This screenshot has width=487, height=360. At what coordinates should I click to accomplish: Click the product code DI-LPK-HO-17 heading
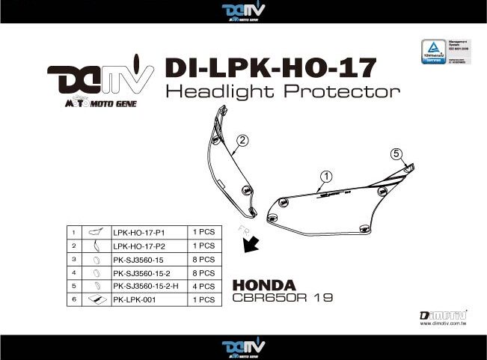click(x=269, y=68)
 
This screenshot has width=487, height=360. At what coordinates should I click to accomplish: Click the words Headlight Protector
click(x=282, y=93)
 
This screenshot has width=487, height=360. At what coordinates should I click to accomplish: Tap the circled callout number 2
click(x=242, y=140)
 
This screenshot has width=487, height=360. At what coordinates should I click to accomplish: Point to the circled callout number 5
click(x=396, y=154)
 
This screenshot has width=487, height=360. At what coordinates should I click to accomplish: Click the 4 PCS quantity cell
click(x=203, y=286)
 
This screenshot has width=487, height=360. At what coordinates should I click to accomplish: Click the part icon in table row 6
click(x=95, y=299)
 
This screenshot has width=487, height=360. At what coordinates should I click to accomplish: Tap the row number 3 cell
click(x=74, y=259)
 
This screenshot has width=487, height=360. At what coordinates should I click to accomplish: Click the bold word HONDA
click(x=264, y=284)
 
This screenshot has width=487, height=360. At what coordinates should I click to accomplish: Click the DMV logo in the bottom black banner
click(x=243, y=347)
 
